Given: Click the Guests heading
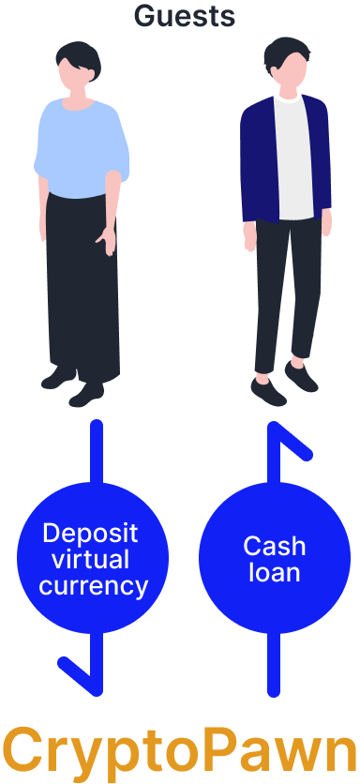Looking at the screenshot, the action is [184, 15].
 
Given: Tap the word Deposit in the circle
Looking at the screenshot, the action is [91, 534].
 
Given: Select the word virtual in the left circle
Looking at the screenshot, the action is [91, 560].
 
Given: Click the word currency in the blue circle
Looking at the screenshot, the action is [93, 586].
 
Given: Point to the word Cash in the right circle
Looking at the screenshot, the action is [274, 546].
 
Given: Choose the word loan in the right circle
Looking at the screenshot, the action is [274, 572].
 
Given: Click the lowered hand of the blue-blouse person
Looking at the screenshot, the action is [108, 241].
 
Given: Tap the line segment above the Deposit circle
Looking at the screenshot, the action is [96, 450].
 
